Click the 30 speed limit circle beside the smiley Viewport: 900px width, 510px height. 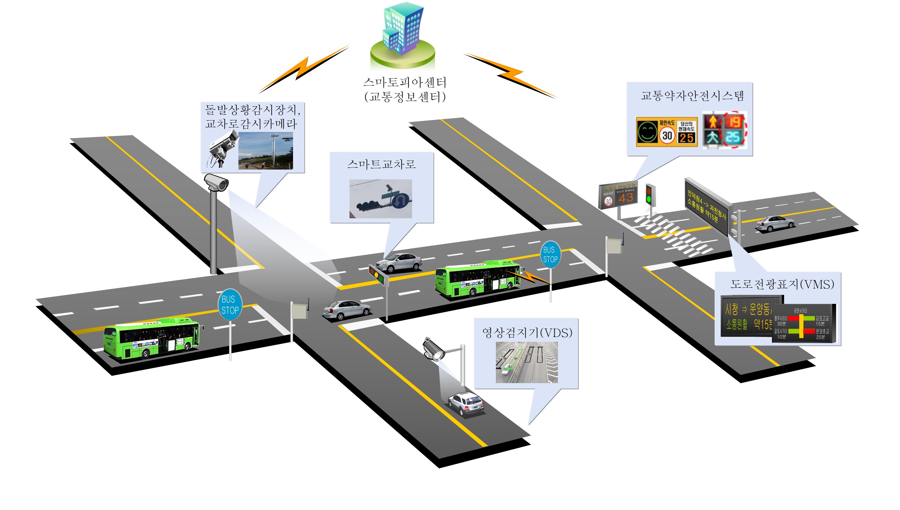click(667, 135)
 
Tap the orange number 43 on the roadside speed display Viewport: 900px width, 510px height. click(626, 198)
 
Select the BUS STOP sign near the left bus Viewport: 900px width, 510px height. click(230, 304)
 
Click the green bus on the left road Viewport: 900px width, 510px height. click(152, 338)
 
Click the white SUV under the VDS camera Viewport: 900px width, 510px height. click(466, 403)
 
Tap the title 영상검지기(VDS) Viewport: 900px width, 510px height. click(527, 333)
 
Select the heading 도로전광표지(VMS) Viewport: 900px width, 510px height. click(782, 284)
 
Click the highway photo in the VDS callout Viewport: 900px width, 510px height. click(526, 362)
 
